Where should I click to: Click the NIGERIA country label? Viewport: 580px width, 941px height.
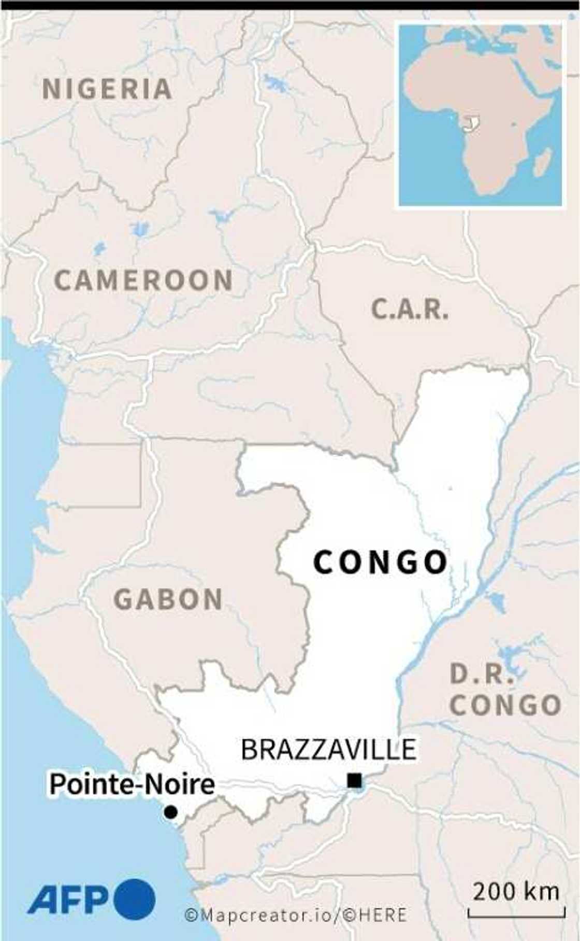[107, 89]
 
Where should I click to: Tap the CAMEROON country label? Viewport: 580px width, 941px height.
[143, 280]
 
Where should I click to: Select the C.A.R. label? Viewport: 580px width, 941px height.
[410, 310]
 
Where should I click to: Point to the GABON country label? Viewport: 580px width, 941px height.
[168, 600]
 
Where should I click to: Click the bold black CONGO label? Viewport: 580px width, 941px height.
[381, 562]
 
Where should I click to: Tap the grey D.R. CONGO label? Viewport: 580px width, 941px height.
[505, 690]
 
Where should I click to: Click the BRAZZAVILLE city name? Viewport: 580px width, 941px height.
[329, 749]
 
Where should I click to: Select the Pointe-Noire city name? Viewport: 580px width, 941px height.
[132, 784]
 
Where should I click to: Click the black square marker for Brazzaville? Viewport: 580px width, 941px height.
[355, 780]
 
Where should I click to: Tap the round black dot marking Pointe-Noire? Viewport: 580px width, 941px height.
[170, 812]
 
